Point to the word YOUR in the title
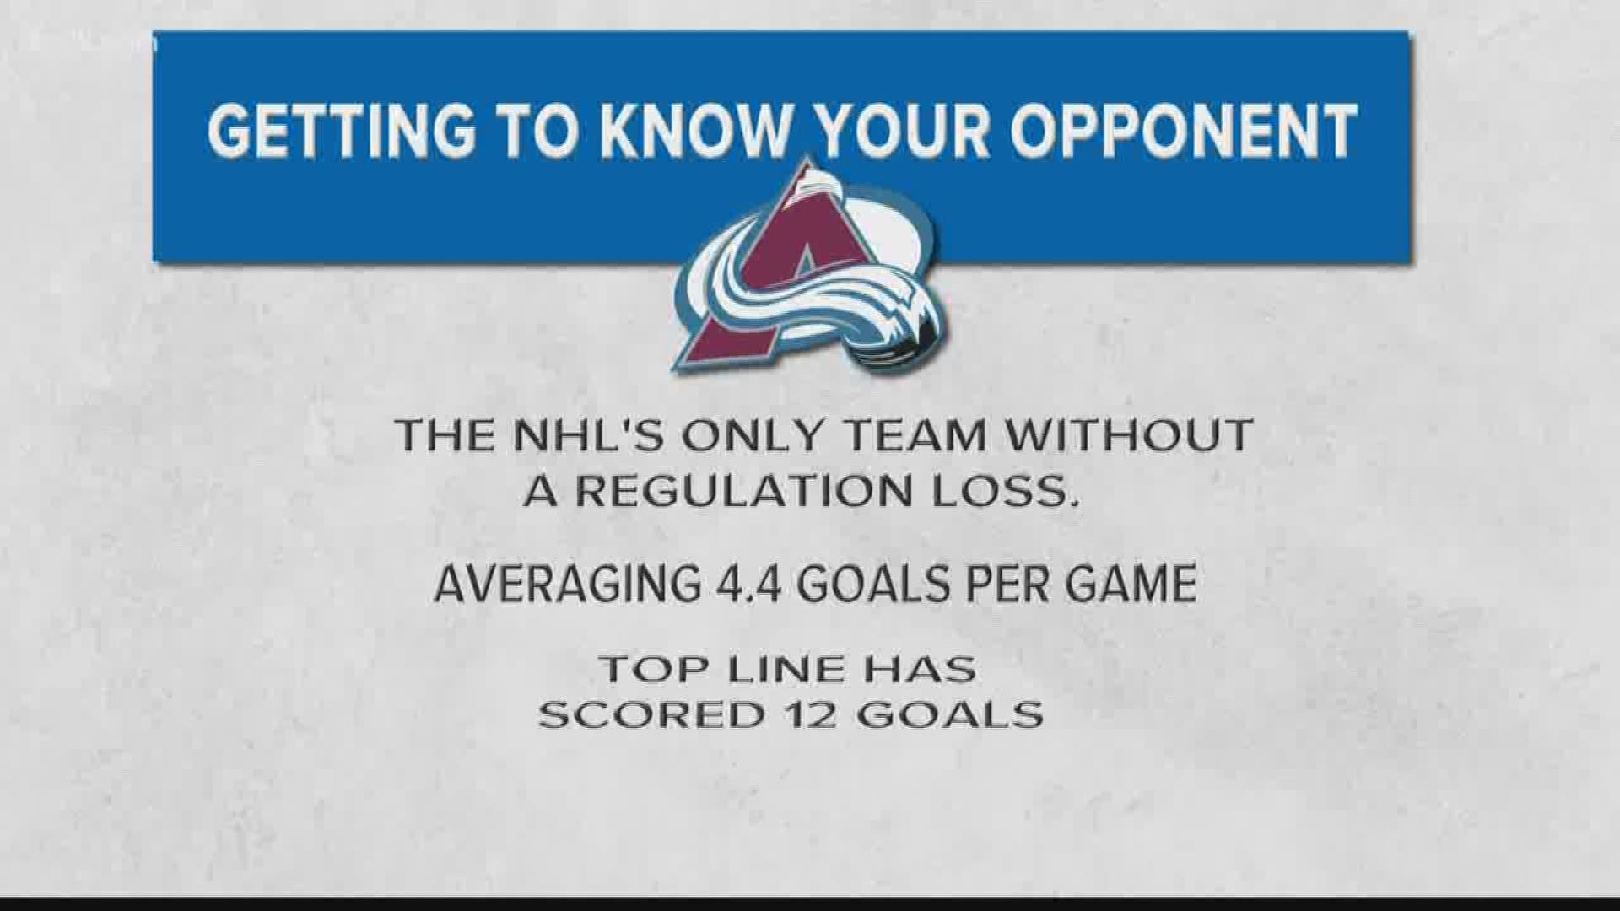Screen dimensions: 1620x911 click(888, 132)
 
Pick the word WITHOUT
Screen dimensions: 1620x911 click(1131, 436)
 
